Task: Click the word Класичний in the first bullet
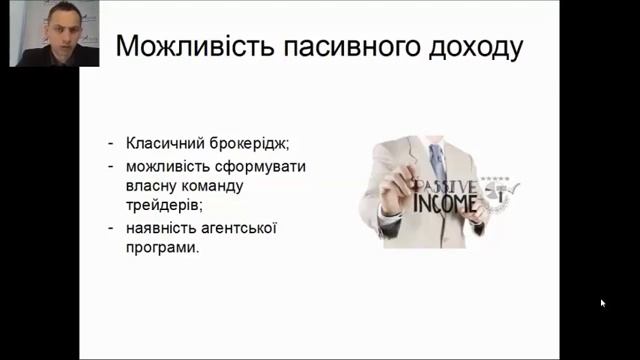[162, 142]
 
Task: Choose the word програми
[163, 249]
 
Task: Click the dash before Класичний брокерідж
[112, 142]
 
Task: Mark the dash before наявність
[112, 229]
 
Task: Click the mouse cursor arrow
[603, 302]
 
